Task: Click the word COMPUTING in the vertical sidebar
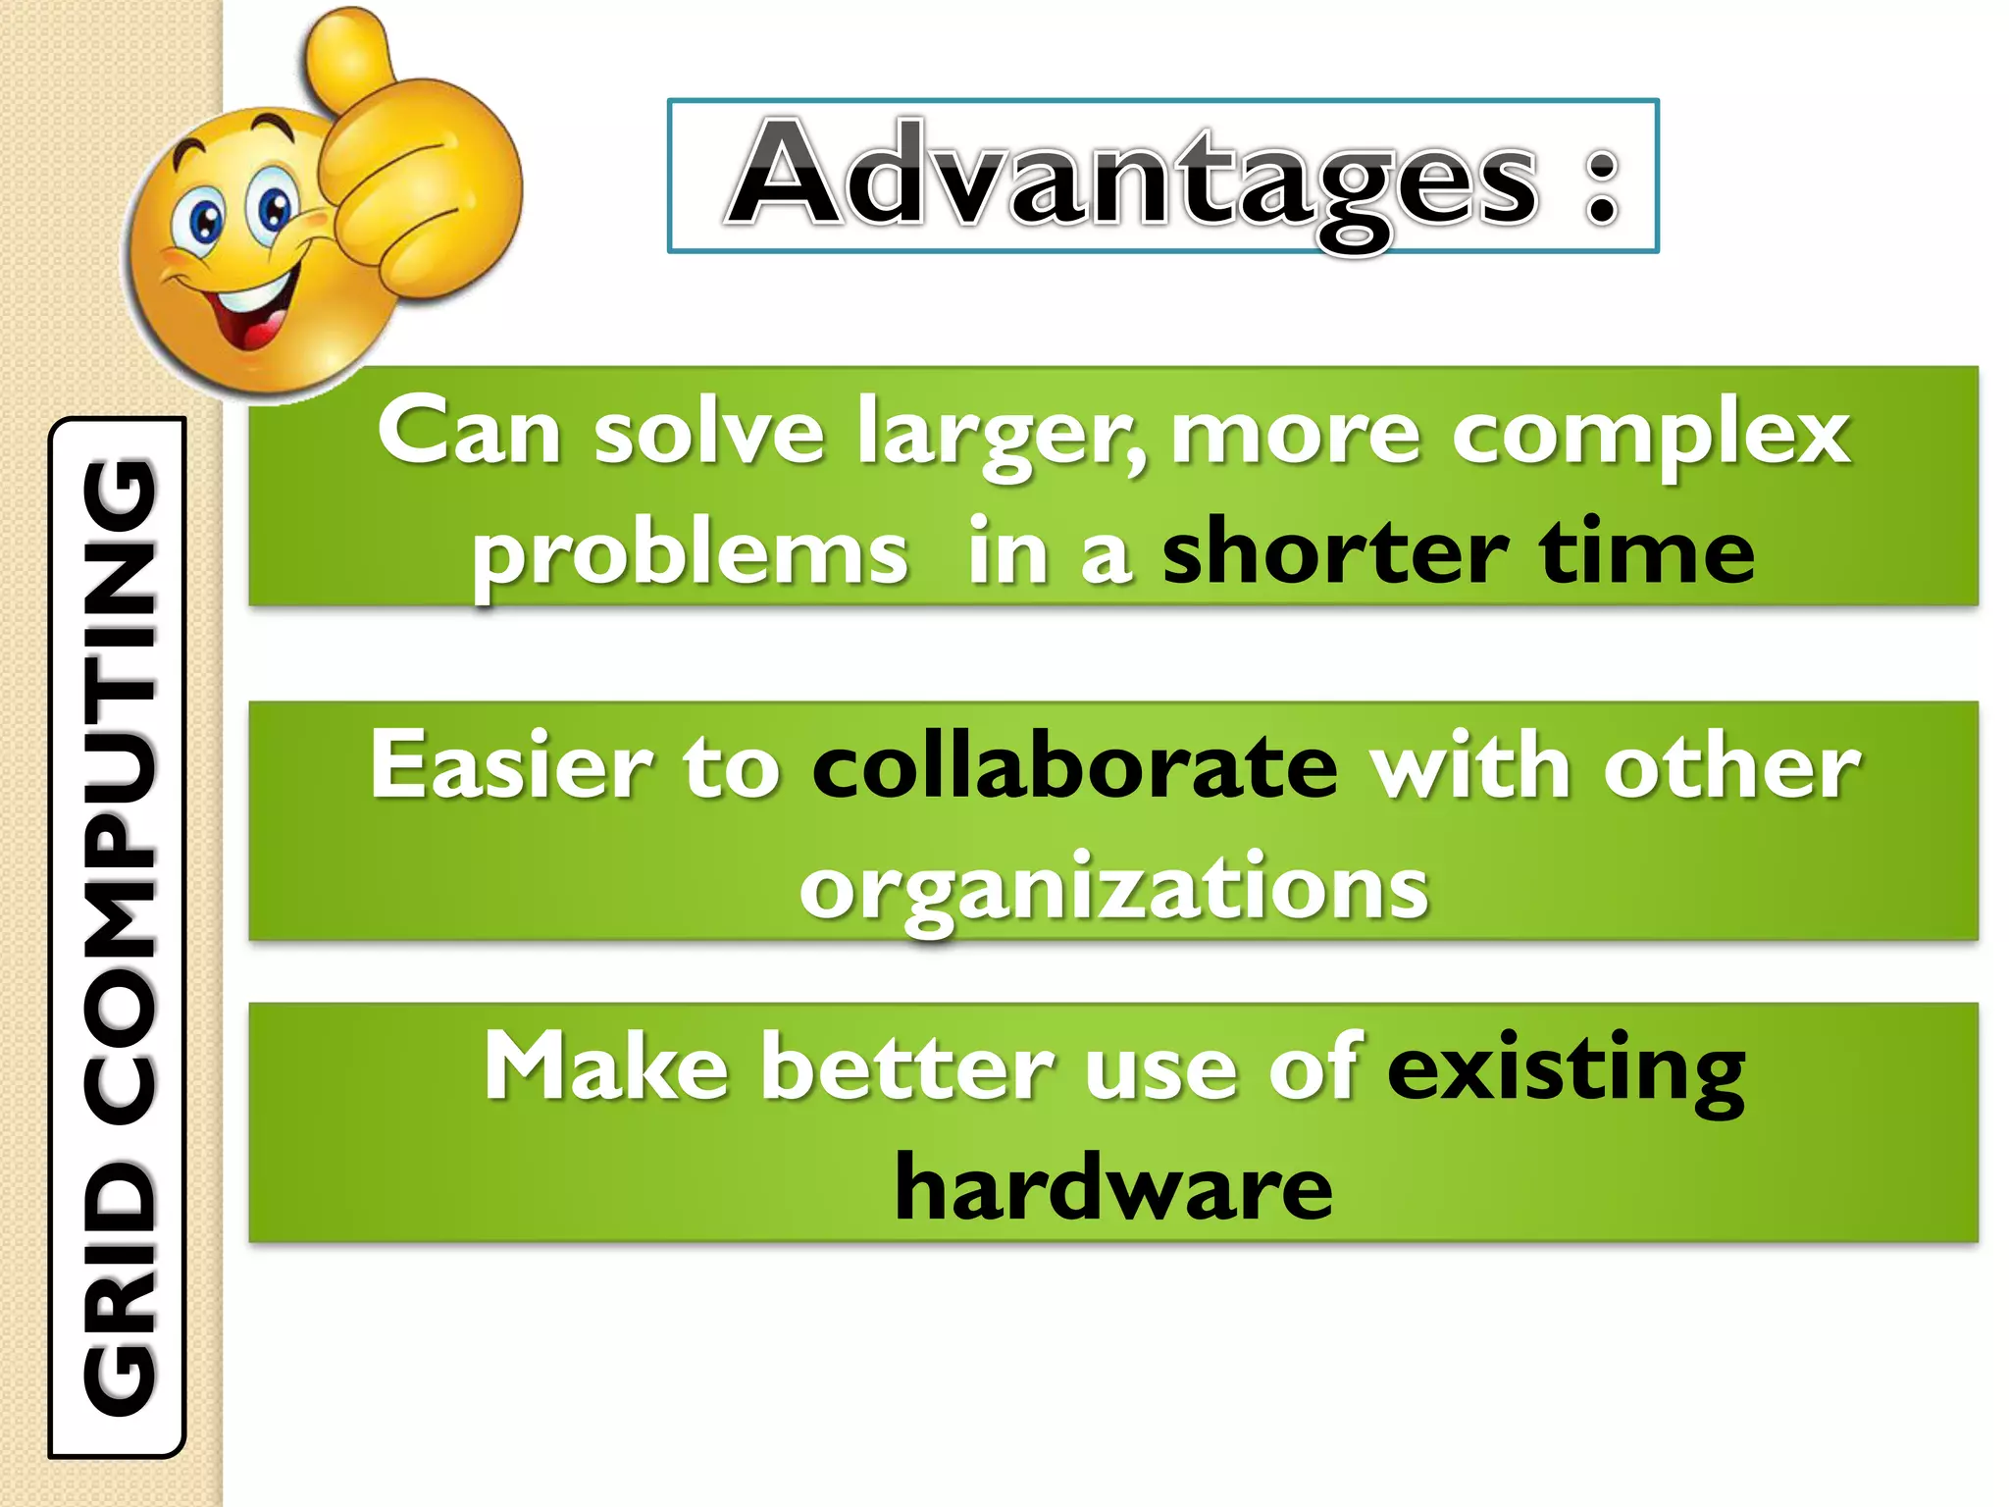coord(120,785)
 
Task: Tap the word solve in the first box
coord(708,434)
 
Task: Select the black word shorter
coord(1334,552)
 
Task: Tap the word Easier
coord(510,766)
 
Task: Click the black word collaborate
coord(1074,766)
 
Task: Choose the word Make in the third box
coord(605,1068)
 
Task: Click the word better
coord(907,1068)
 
